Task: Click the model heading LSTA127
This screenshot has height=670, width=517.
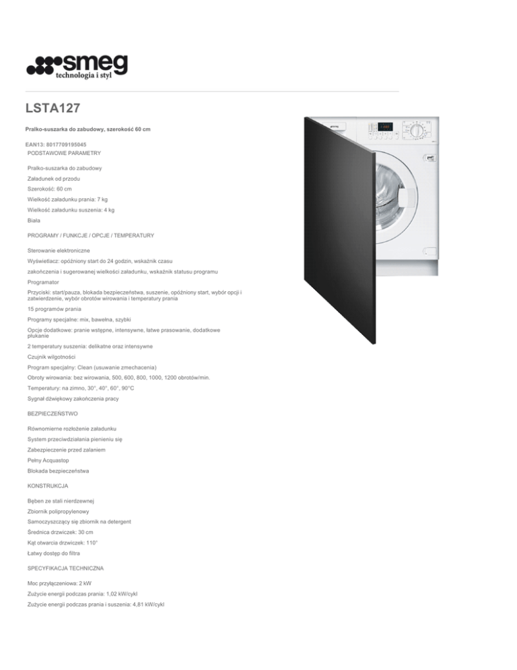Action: pos(53,108)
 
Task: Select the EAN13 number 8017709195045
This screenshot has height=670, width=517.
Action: pos(68,144)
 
